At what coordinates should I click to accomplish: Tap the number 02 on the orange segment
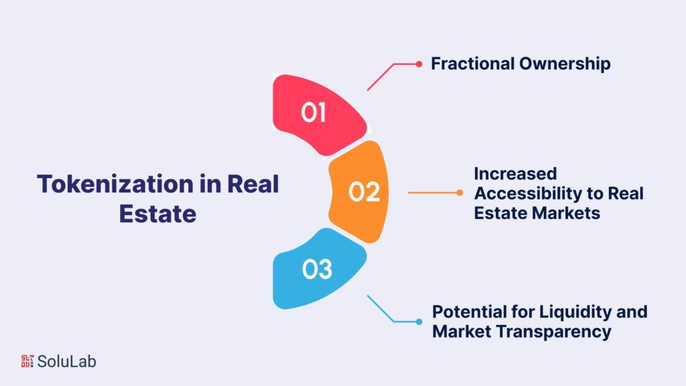[364, 192]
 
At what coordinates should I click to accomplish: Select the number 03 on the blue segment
[316, 269]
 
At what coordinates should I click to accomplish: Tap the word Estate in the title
[157, 213]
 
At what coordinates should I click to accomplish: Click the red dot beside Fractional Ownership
[419, 64]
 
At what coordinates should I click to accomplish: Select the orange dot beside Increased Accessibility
[460, 193]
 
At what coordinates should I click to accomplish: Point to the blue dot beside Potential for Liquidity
[419, 321]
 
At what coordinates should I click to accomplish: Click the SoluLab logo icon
[27, 361]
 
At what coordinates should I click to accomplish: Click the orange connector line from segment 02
[433, 193]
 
